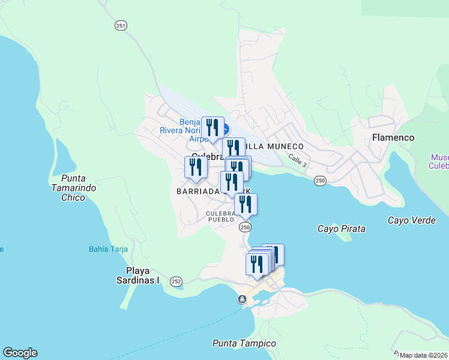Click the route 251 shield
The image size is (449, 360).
(121, 25)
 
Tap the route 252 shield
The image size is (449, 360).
(176, 281)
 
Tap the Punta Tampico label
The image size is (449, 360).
(244, 343)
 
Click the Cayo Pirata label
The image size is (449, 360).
(341, 229)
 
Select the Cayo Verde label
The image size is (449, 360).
(411, 220)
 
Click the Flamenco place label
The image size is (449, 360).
(393, 137)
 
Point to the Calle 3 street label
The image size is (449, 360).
(297, 160)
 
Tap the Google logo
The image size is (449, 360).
(20, 353)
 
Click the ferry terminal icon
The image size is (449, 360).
(242, 299)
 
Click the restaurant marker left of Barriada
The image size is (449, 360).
(196, 168)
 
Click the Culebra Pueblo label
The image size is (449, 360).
(220, 217)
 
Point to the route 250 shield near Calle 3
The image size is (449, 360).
(320, 181)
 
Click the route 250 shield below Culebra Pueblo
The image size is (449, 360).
(245, 227)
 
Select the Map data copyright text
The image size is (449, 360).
(424, 355)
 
